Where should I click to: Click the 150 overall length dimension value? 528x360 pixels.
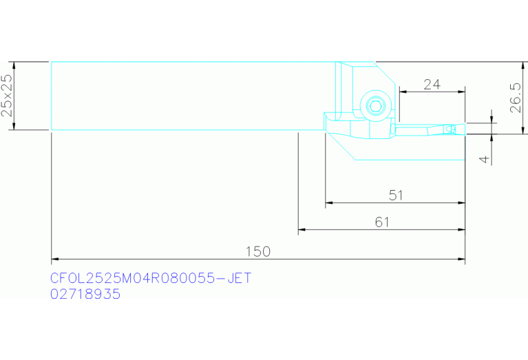(257, 251)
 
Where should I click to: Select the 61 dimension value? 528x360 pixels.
(382, 222)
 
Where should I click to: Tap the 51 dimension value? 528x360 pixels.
(396, 195)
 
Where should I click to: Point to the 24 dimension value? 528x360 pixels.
(432, 85)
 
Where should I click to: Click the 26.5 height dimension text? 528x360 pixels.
(516, 98)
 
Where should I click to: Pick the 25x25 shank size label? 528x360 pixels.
(7, 95)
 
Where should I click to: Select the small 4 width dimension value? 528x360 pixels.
(484, 159)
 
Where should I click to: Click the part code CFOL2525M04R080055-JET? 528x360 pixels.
(151, 278)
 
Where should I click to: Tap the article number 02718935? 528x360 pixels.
(85, 294)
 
